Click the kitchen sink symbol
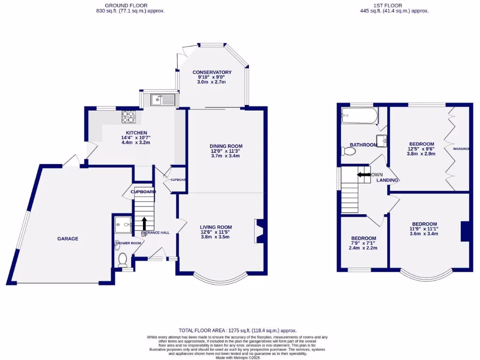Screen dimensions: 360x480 162,99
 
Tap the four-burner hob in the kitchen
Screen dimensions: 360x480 128,116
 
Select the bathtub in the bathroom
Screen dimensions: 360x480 360,115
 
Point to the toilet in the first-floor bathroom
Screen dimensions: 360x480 346,151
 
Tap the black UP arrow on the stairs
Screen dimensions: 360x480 144,224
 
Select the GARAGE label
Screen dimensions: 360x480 68,239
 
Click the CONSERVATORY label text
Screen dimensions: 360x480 212,72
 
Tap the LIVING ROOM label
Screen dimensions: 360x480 216,227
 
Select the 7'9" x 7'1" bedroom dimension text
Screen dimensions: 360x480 363,243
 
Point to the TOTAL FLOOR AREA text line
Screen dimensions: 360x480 238,330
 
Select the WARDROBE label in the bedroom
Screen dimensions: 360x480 461,149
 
